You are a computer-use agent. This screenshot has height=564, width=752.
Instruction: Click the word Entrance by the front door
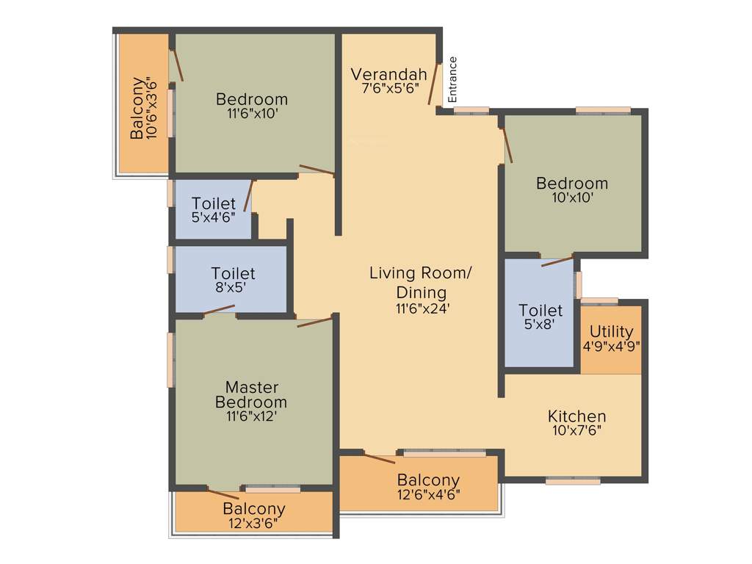pos(452,79)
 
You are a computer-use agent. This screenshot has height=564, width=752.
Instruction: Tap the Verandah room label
pos(388,74)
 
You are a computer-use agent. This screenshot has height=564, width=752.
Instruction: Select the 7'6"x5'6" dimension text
pos(388,88)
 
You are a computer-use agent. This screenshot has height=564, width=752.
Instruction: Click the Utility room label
pos(611,331)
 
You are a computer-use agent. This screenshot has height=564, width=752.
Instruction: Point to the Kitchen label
pos(576,416)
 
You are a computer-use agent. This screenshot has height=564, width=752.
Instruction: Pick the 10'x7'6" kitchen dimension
pos(576,431)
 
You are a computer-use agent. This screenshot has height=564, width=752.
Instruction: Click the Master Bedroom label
pos(250,394)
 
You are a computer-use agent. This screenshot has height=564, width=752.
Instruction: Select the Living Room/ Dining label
pos(419,283)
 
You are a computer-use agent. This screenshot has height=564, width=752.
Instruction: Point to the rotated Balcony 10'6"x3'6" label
pos(141,108)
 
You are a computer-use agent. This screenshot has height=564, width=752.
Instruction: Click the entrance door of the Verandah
pos(435,84)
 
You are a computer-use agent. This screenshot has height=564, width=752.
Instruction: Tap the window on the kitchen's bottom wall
pos(573,481)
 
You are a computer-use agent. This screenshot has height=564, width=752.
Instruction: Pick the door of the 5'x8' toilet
pos(557,261)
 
